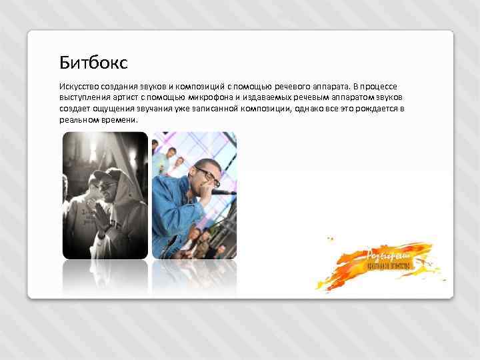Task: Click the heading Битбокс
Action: coord(93,63)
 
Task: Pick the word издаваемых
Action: coord(265,98)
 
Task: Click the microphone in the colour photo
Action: coord(220,192)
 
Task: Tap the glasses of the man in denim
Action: coord(207,175)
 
